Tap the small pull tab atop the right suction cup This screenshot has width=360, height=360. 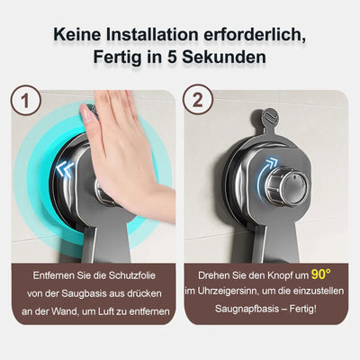click(x=269, y=117)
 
